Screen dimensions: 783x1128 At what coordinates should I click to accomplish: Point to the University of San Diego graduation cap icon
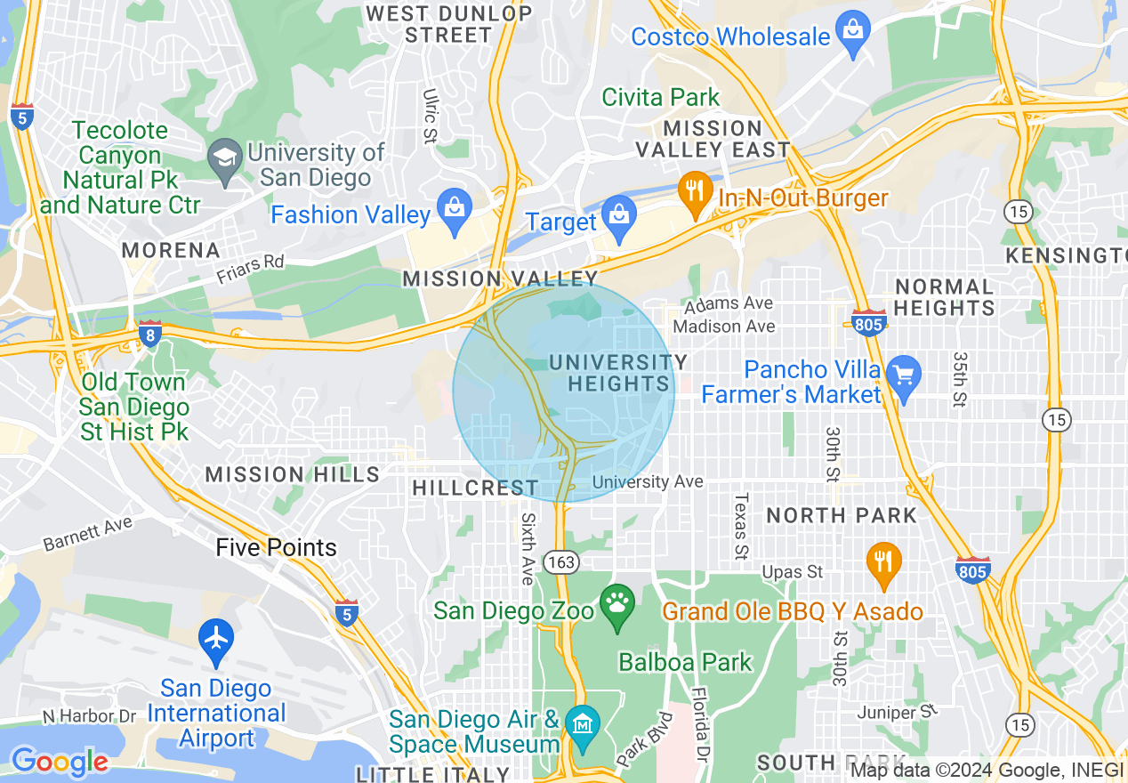(x=224, y=159)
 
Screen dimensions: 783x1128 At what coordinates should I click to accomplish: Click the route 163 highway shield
(x=562, y=562)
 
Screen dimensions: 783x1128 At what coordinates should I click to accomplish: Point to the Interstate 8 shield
(x=149, y=335)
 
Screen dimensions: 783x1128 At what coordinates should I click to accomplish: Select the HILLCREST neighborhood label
(x=475, y=488)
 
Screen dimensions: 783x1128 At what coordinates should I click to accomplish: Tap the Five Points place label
(x=276, y=547)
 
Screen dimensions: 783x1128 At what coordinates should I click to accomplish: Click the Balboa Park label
(x=685, y=662)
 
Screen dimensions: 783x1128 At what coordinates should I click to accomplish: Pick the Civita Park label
(x=661, y=97)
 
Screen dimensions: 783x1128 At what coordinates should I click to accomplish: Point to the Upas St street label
(x=792, y=572)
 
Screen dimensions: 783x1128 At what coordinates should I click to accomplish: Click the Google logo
(x=60, y=762)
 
